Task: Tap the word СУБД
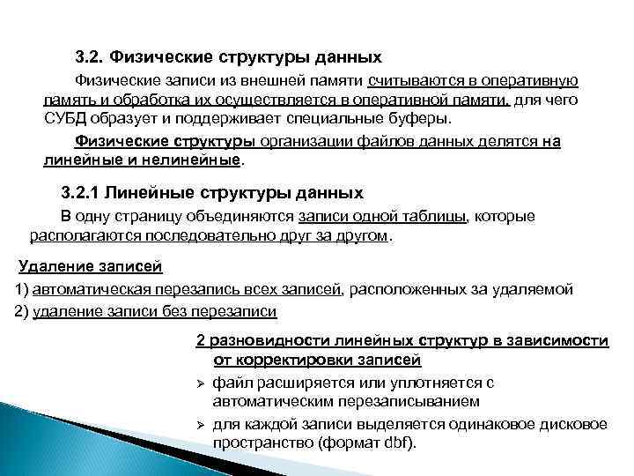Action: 65,118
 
